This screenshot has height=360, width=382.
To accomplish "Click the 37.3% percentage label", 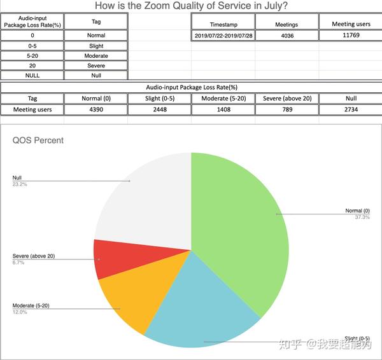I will pos(362,217).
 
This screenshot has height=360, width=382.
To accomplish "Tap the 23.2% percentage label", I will pos(19,184).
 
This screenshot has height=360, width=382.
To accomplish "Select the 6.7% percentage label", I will pos(18,262).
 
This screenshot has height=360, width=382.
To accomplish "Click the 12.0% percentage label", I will pos(20,312).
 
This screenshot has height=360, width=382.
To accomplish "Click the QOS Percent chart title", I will pos(38,140).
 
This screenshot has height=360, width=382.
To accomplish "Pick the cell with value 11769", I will pos(351,36).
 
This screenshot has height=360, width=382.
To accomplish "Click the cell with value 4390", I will pos(96,109).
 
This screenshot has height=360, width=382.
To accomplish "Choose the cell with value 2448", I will pos(159,109).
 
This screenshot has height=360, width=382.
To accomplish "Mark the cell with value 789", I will pos(286,109).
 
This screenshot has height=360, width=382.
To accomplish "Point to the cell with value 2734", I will pos(351,109).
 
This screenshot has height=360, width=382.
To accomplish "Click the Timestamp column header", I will pos(223,24).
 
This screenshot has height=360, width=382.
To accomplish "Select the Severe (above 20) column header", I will pos(286,99).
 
